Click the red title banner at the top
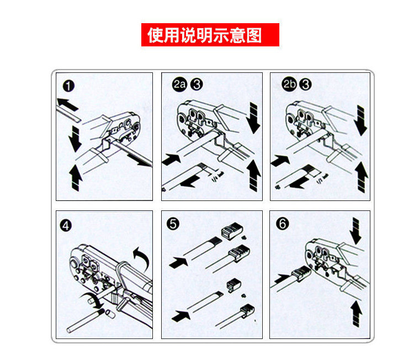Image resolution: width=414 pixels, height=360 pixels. tap(210, 35)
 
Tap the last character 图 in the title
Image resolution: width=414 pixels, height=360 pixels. tap(254, 35)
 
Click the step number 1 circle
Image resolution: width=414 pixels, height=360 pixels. tap(68, 86)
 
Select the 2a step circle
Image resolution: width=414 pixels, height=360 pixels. tap(179, 84)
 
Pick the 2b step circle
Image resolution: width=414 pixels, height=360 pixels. tap(289, 84)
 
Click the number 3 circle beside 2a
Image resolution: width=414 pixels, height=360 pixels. tap(197, 84)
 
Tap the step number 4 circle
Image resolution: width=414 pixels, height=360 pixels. tap(66, 226)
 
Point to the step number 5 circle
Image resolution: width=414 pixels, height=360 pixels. tap(173, 224)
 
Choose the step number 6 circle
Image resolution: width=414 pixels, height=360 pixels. tap(282, 224)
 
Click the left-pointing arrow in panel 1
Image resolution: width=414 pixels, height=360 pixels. tap(67, 104)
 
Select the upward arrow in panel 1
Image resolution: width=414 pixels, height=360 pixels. tap(76, 177)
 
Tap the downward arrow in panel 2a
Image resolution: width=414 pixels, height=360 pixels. tap(253, 118)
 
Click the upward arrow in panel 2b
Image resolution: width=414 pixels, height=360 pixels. tap(362, 177)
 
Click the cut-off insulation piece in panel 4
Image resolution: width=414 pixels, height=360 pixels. tap(110, 314)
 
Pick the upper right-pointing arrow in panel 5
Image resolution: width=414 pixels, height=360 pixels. tap(178, 262)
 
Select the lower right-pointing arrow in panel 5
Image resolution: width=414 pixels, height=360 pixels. tap(181, 316)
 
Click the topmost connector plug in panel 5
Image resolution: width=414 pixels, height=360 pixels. tap(231, 231)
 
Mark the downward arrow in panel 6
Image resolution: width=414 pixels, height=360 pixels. tap(355, 231)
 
